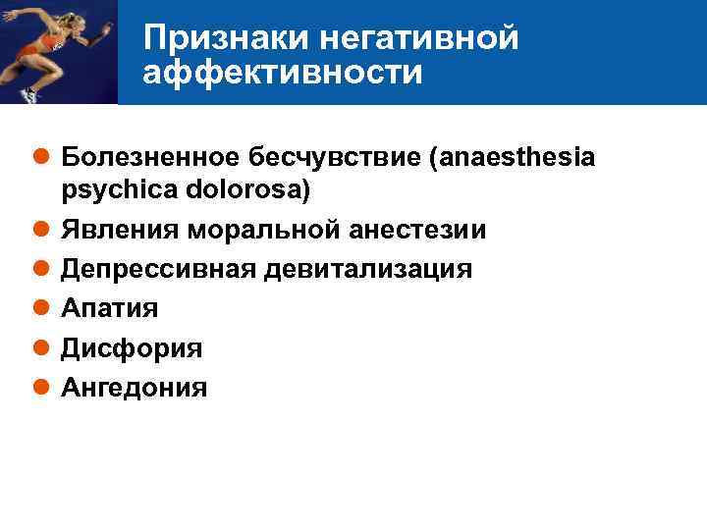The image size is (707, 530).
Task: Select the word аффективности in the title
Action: point(283,73)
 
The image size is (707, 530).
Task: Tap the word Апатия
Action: point(109,308)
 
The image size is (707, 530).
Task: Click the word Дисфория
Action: point(132,348)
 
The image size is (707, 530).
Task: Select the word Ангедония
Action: point(135,388)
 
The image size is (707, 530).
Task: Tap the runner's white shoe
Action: point(28,94)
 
